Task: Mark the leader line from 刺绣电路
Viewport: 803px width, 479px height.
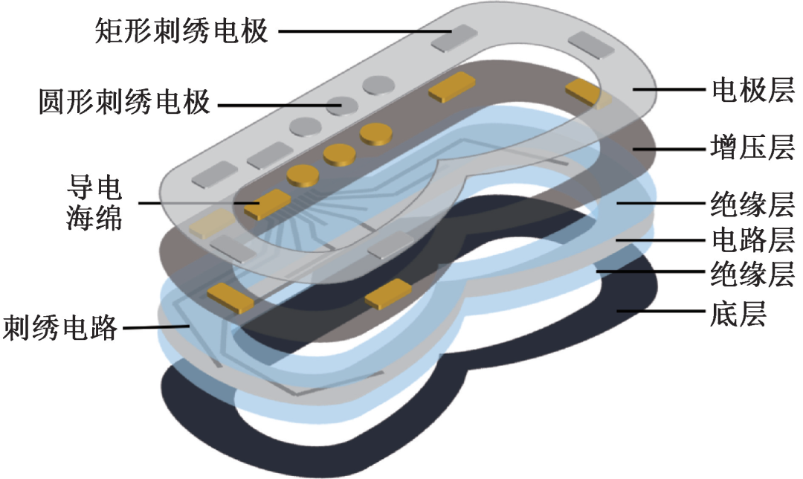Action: (152, 326)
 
